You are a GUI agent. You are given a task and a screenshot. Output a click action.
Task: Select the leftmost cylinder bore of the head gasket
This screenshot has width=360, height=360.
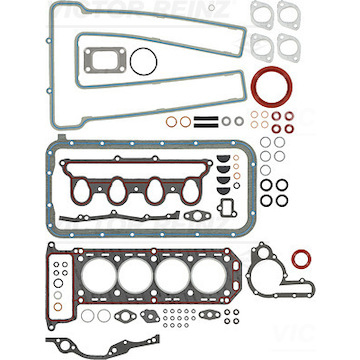pos(86,269)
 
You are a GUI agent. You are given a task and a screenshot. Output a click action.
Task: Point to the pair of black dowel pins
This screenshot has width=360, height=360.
pos(205,124)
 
